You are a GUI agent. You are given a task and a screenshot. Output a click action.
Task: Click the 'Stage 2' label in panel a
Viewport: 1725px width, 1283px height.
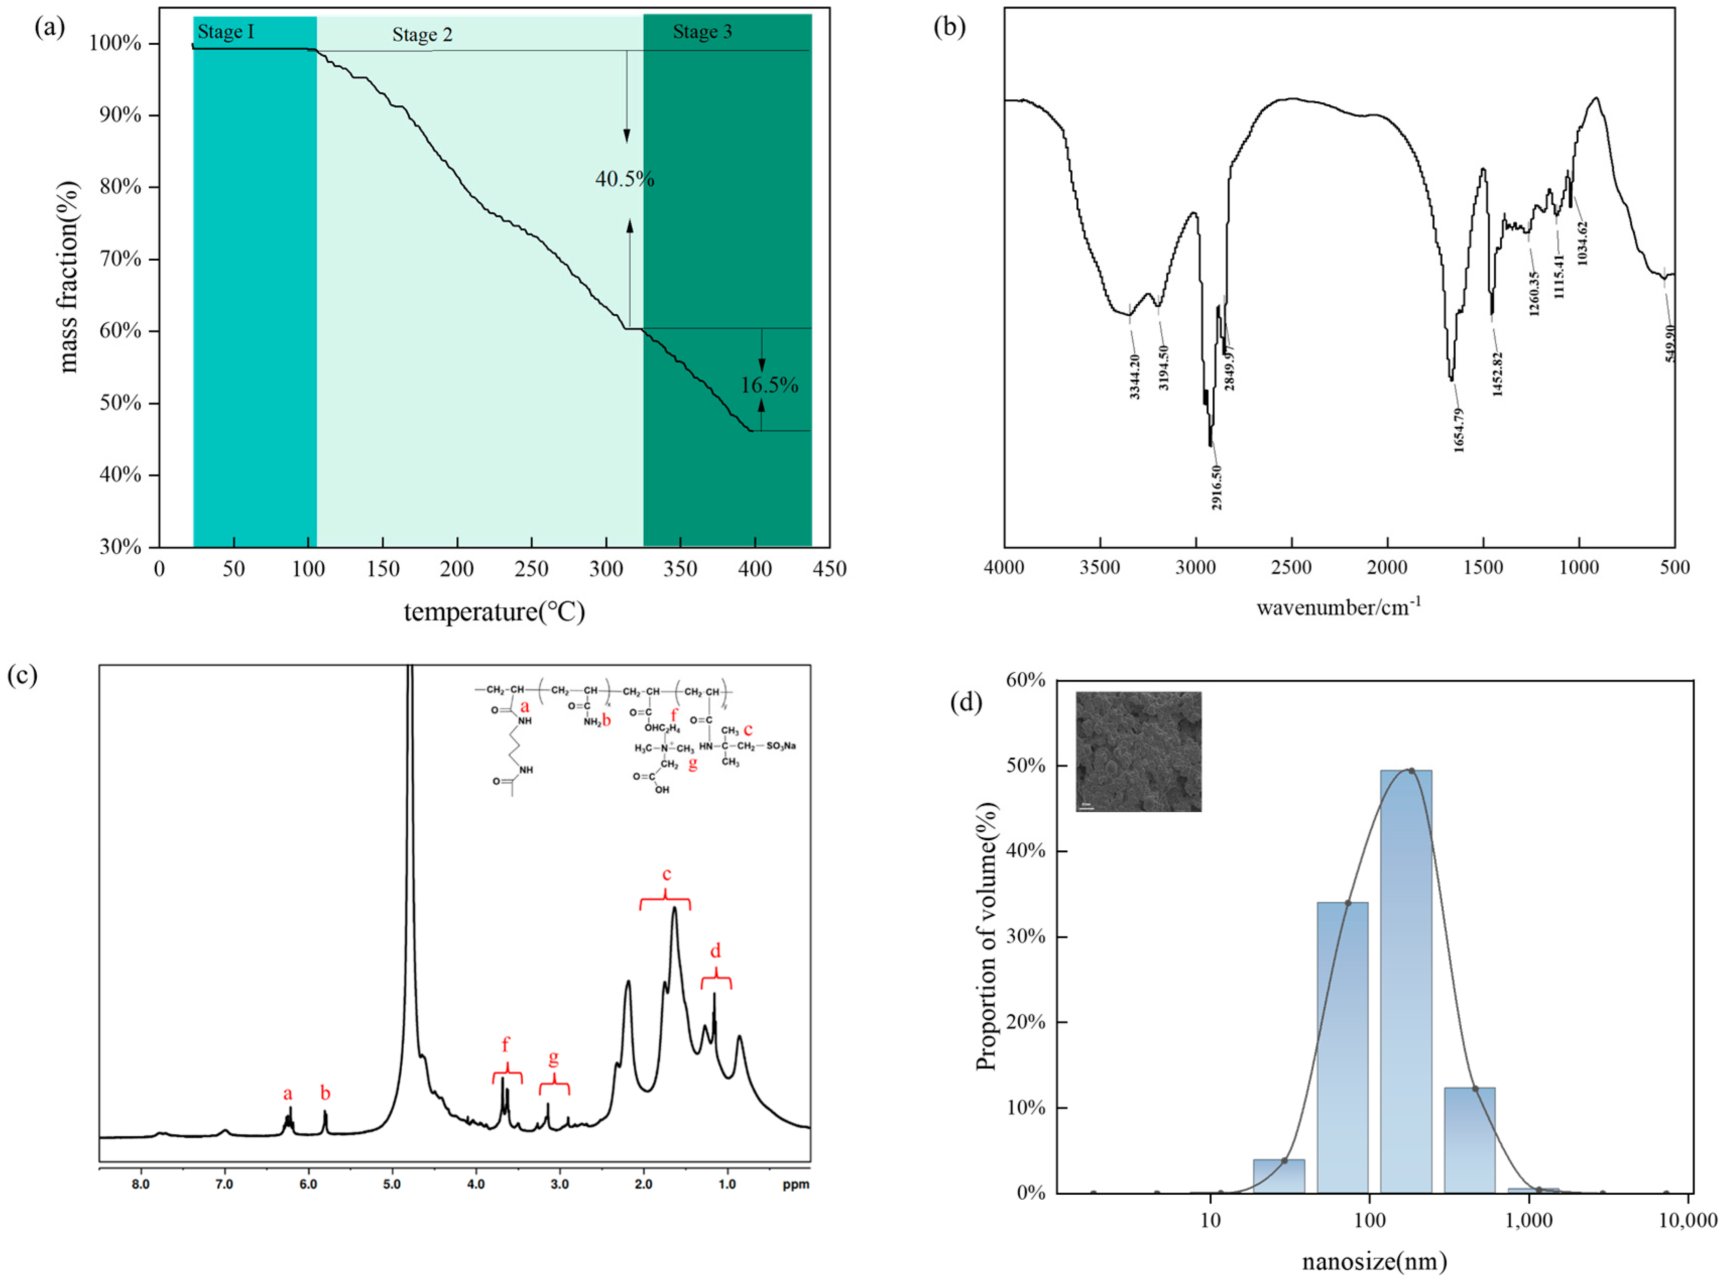(x=421, y=35)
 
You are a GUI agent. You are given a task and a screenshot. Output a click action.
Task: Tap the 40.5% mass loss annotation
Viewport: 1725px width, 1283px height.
(x=624, y=180)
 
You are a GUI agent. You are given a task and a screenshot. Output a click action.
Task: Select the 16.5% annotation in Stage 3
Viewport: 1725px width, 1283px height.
(x=769, y=385)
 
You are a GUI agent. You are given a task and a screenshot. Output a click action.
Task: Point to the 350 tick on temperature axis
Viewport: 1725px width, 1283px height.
(x=680, y=569)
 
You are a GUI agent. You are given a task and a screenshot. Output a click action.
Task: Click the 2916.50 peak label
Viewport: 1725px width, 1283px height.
(x=1216, y=487)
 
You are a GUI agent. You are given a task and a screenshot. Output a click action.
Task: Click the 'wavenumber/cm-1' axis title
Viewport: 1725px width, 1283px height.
(x=1338, y=607)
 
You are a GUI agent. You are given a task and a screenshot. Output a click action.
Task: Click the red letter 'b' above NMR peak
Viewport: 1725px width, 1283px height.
(x=325, y=1093)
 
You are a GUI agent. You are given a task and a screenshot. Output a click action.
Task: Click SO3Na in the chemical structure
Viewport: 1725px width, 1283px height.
(x=781, y=746)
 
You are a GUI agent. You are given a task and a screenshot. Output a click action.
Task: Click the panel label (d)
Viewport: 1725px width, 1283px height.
(x=966, y=703)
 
